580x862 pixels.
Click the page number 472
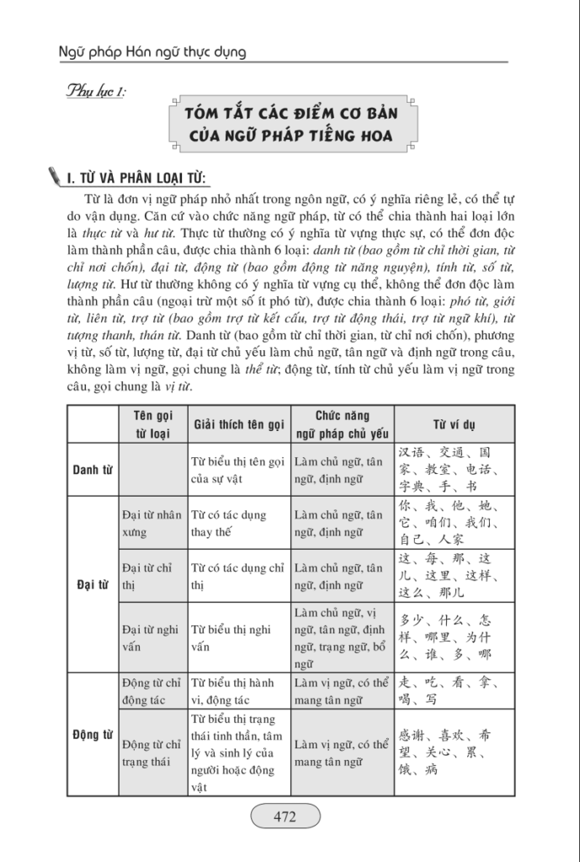285,816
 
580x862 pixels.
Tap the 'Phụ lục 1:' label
94,91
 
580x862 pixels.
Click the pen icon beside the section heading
56,176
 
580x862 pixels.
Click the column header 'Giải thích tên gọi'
239,424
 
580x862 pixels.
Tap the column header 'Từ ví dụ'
455,424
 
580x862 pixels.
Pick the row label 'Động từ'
93,734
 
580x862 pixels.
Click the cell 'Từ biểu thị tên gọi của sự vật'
239,470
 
